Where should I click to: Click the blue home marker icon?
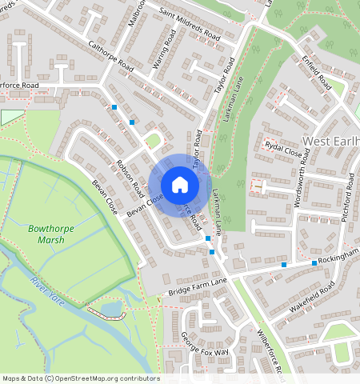point(180,186)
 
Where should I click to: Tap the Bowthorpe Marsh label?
point(51,233)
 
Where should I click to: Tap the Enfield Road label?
point(317,70)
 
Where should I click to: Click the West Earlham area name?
point(331,142)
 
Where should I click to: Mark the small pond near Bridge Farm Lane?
point(110,308)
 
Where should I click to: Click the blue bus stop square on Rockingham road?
point(314,263)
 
